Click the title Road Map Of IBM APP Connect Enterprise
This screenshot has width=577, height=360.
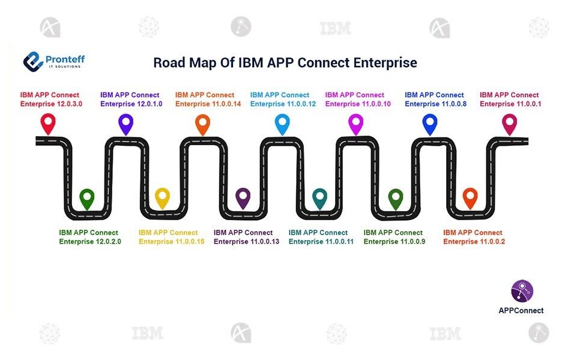(285, 63)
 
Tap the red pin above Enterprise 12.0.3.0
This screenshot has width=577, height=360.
(47, 123)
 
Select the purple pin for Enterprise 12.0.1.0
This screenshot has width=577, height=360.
(125, 123)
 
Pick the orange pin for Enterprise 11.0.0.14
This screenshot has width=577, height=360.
(202, 123)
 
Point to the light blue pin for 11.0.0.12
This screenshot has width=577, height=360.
(282, 123)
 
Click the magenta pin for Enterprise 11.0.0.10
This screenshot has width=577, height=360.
(356, 123)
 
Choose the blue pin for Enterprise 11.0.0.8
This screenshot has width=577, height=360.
(430, 123)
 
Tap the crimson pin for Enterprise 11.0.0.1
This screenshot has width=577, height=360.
(509, 123)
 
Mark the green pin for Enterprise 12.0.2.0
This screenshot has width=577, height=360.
(87, 197)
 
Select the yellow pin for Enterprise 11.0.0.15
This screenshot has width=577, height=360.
(162, 197)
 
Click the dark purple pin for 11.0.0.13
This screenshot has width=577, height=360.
(243, 197)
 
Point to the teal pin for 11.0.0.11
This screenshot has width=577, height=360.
(319, 197)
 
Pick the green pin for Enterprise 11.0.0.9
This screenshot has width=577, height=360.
(395, 197)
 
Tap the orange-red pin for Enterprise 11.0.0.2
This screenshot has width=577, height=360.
(470, 197)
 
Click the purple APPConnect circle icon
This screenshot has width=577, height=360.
(522, 290)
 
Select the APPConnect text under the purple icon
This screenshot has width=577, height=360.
(521, 310)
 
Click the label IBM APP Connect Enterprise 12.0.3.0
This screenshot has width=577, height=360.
(50, 100)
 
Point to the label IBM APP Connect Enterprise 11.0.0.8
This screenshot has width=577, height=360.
(435, 100)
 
